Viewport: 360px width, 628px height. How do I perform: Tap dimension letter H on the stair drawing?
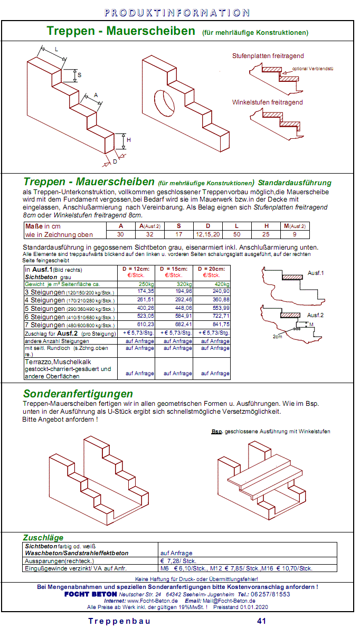pos(128,140)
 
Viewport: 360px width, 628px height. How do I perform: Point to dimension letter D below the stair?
pos(115,161)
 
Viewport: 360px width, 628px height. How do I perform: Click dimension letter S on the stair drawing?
pos(80,75)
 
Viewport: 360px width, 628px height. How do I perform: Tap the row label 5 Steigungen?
pos(45,309)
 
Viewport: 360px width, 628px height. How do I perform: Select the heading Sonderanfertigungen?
pos(78,394)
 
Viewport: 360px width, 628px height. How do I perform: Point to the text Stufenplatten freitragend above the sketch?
pos(268,56)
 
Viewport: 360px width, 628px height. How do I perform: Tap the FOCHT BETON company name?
pos(91,594)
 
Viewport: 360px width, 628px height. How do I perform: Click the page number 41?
pos(261,621)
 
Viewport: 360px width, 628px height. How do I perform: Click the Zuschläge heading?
pos(44,537)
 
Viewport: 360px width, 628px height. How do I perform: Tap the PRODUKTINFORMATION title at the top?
pos(177,13)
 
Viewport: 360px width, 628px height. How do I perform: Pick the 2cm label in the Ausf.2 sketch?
pos(277,336)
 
